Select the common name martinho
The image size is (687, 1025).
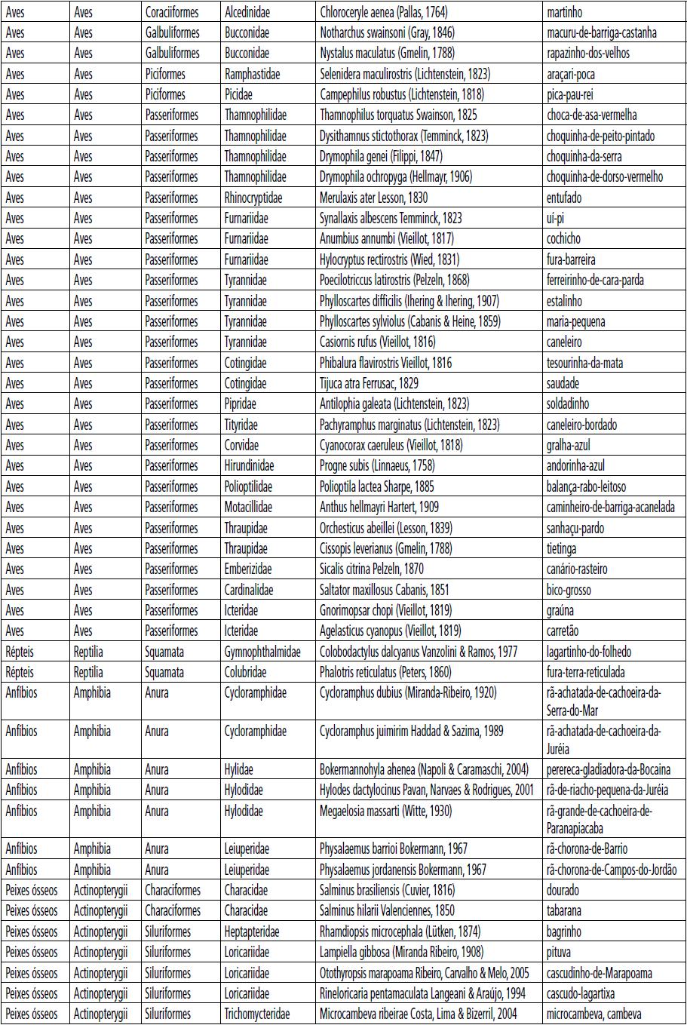tap(564, 12)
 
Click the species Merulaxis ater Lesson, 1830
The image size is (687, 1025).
tap(373, 198)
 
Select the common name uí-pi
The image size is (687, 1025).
tap(555, 218)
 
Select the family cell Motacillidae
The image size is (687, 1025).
tap(248, 507)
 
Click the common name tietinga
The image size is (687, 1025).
tap(561, 548)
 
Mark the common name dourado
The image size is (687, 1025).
tap(563, 890)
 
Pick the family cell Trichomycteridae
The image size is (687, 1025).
tap(257, 1014)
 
